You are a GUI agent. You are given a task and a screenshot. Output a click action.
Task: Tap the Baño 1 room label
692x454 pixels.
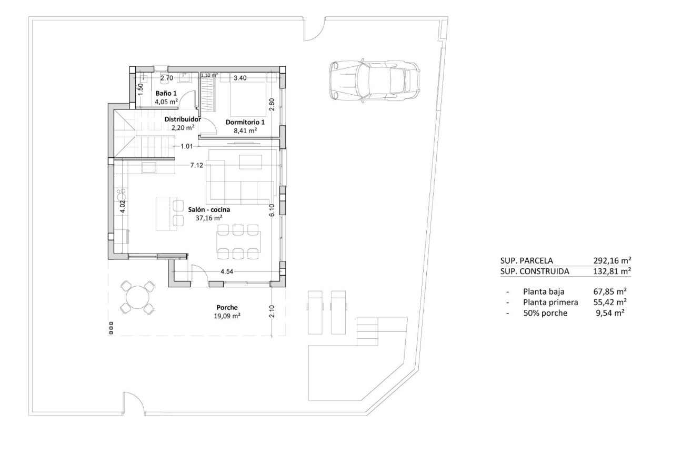166,93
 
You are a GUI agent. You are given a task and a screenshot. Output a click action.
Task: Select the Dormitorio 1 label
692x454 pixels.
245,122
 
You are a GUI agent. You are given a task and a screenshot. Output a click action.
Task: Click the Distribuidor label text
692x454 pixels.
183,119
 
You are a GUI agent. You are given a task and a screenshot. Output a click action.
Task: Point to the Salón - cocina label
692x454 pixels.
209,209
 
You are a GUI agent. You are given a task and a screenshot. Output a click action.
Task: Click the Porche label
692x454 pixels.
227,307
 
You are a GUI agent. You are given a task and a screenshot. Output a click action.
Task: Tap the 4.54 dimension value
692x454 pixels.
227,272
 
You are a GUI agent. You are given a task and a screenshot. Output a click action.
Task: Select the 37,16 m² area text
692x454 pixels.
209,217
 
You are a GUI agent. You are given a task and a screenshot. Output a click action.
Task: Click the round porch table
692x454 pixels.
138,297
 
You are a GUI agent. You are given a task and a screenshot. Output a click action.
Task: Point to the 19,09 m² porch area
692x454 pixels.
227,316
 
